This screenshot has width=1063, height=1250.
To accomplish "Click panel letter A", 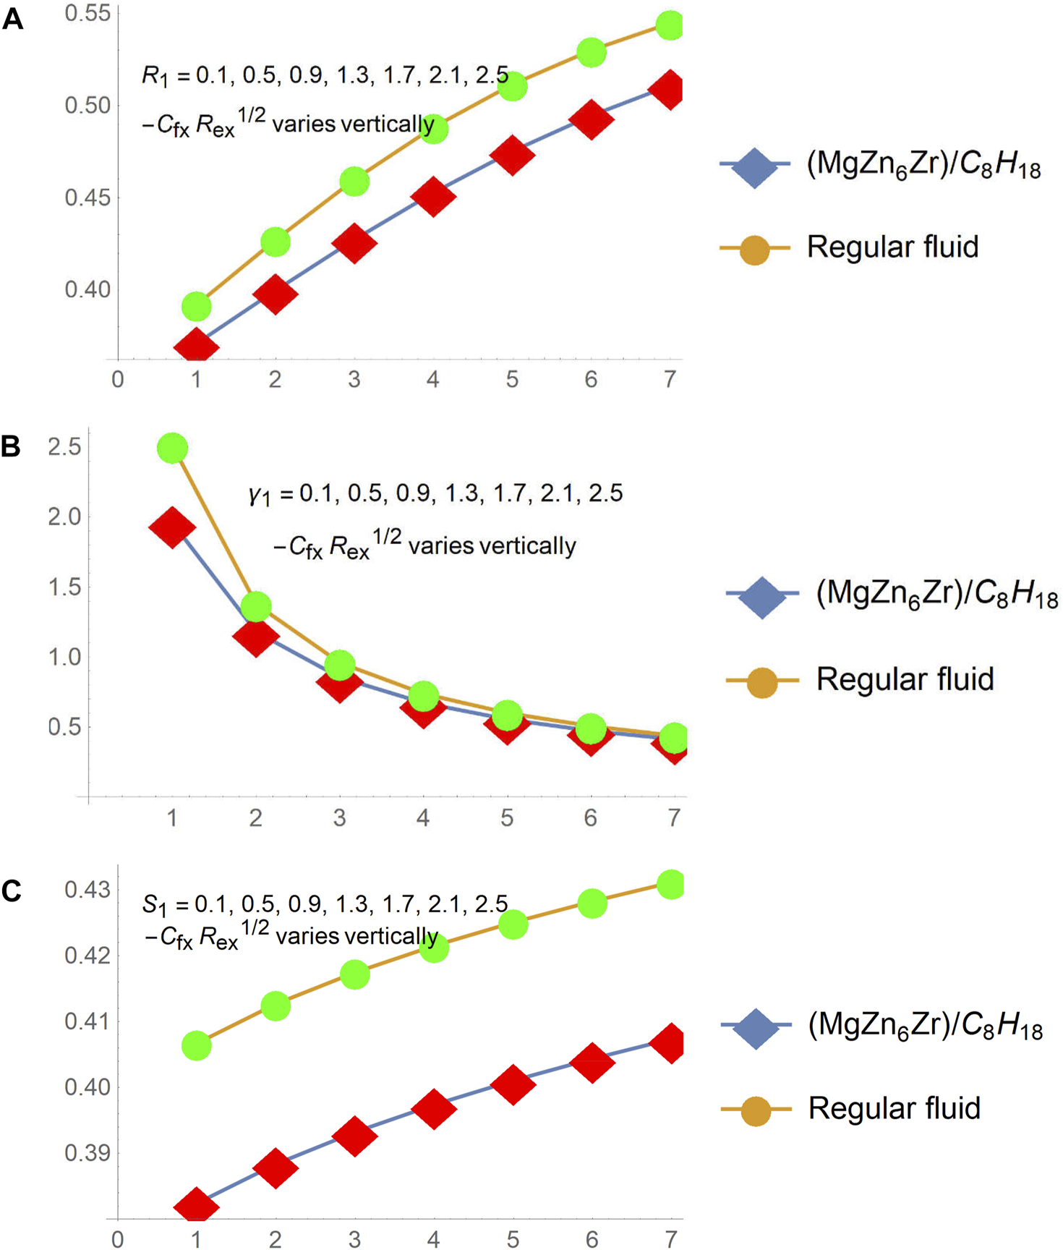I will tap(12, 19).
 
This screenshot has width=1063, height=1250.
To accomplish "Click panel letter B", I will tap(11, 447).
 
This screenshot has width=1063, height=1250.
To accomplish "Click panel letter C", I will tap(12, 891).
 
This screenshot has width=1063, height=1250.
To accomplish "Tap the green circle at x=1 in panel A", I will tap(196, 307).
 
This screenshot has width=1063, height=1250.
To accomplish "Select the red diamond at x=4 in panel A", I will tap(433, 197).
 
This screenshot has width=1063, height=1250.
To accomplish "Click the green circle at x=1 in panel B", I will tap(172, 448).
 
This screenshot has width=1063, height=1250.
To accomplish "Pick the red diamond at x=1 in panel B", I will tap(172, 527).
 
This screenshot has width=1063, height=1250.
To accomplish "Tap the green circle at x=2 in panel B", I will tap(256, 606).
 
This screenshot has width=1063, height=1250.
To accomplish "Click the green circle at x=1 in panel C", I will tap(196, 1045).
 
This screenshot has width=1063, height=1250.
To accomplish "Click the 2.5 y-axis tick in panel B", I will tap(65, 447).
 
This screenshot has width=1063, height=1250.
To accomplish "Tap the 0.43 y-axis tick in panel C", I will tap(87, 889).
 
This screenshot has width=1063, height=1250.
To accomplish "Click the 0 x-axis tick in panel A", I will tap(117, 380).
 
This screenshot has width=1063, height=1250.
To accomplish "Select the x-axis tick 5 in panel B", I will tap(507, 818).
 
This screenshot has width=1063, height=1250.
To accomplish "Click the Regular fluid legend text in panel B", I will tap(905, 679).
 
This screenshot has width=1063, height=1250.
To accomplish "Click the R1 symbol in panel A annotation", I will tap(154, 77).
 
